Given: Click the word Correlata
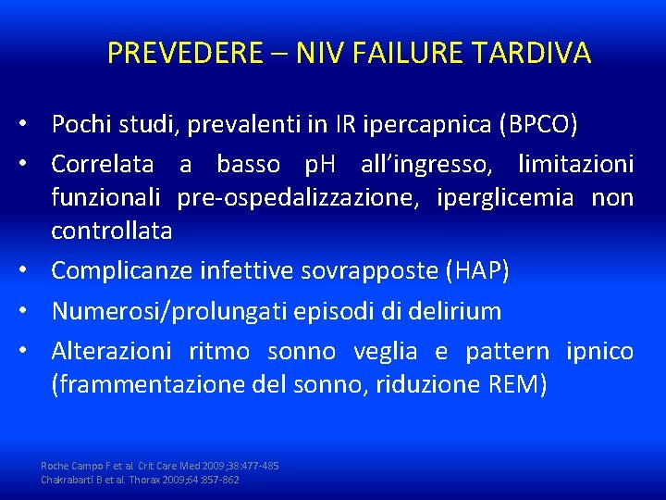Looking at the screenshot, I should click(103, 165).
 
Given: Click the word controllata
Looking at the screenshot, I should click(111, 231).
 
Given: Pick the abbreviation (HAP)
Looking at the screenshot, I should click(477, 270).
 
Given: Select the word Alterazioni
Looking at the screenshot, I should click(111, 352).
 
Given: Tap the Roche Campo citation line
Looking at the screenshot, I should click(160, 465).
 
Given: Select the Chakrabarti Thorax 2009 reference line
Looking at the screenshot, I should click(141, 480).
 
